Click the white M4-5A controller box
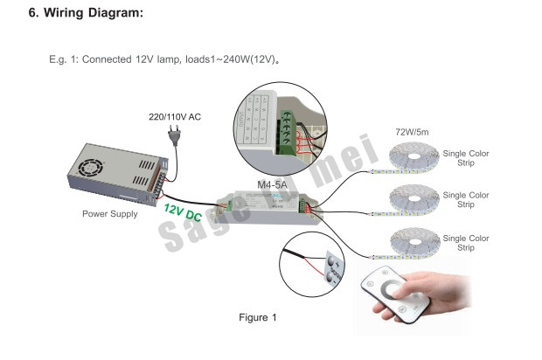(x=270, y=209)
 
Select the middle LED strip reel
(x=411, y=200)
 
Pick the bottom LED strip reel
(x=411, y=240)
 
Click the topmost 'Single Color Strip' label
(x=466, y=157)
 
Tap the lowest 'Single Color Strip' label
(x=466, y=243)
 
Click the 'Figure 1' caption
(x=258, y=317)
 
